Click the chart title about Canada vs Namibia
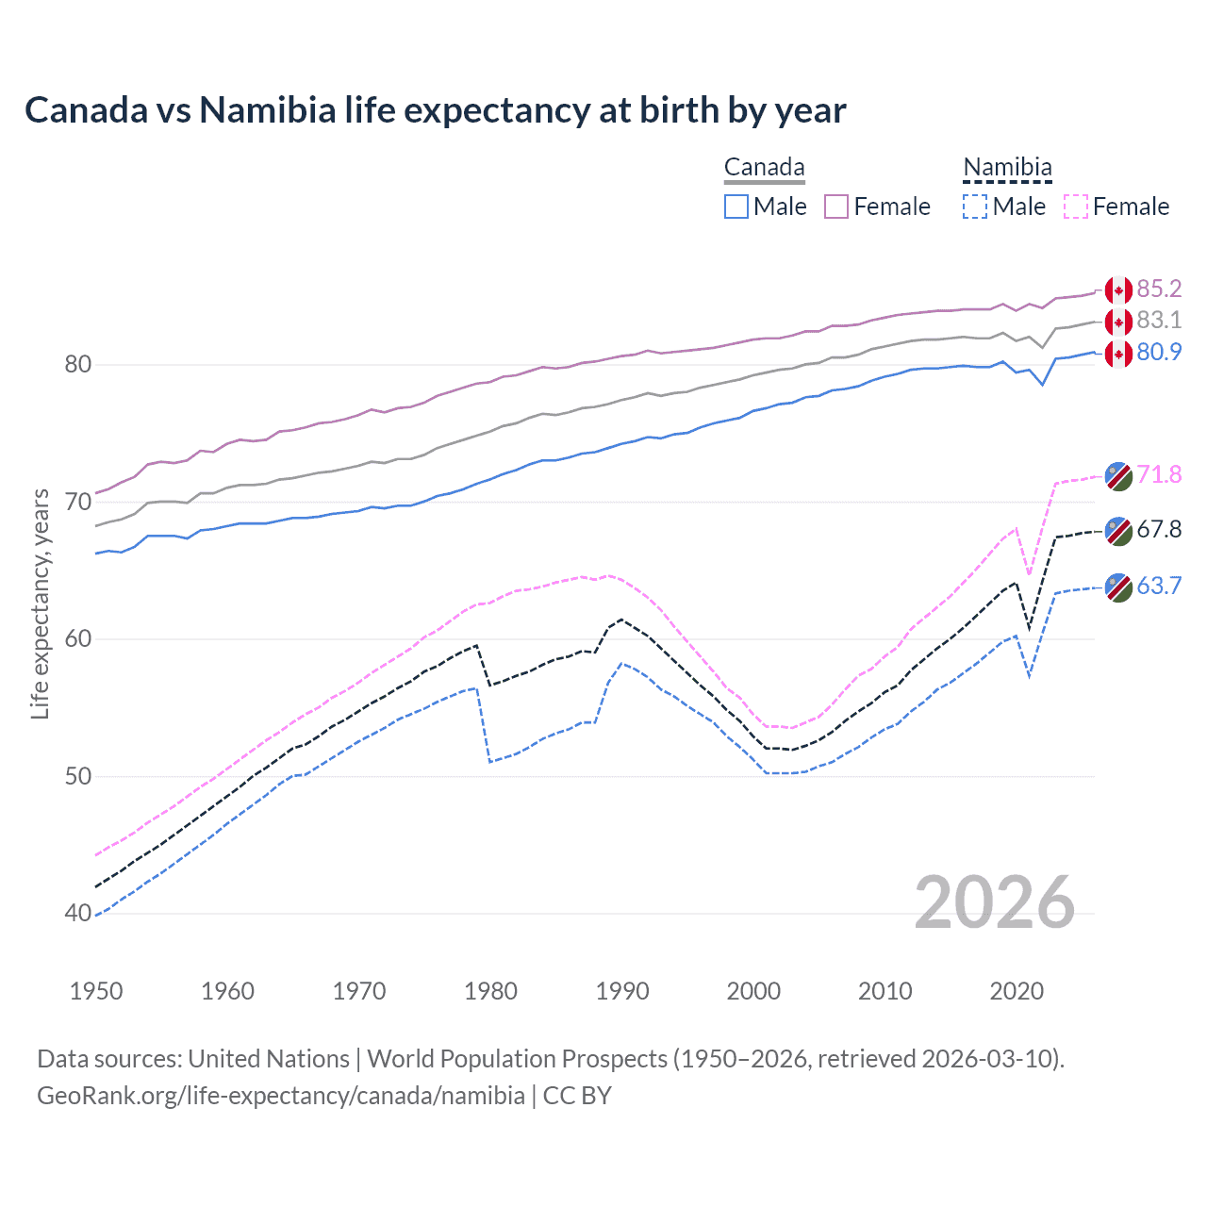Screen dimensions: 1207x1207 point(435,110)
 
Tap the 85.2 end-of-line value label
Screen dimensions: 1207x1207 point(1159,289)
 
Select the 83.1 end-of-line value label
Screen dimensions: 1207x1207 point(1159,321)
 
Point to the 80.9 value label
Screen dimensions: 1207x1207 point(1159,353)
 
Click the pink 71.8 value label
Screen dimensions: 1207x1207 point(1159,474)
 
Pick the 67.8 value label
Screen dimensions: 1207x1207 point(1159,530)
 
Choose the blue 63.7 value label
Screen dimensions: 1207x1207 point(1159,587)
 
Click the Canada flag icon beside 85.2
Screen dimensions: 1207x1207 point(1118,290)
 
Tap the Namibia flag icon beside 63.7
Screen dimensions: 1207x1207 point(1118,587)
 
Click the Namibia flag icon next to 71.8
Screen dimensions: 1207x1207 point(1118,476)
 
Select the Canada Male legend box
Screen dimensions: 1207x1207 point(736,207)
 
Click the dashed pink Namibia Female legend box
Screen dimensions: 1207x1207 point(1076,207)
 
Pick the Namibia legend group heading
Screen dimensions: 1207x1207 point(1007,168)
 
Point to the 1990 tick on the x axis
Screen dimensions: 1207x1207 point(622,991)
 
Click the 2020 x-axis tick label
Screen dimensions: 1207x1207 point(1017,991)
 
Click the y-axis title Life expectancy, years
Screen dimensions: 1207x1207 point(40,603)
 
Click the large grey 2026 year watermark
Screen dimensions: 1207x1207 point(994,902)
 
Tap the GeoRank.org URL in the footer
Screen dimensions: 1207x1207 point(281,1096)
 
